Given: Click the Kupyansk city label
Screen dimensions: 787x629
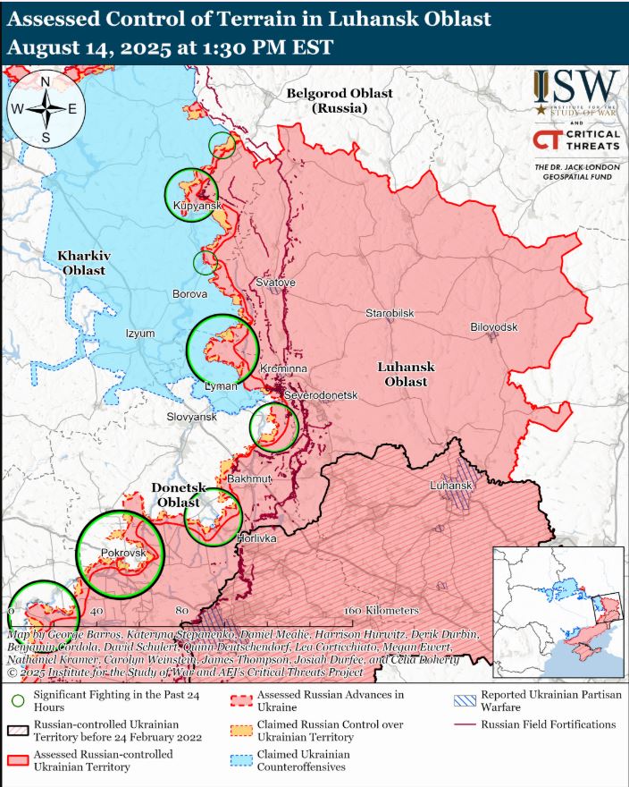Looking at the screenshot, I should coord(196,207).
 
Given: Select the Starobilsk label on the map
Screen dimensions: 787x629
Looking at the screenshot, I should coord(390,314).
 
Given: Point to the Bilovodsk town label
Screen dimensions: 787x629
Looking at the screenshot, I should coord(493,327).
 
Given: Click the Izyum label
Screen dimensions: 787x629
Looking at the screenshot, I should coord(140,334).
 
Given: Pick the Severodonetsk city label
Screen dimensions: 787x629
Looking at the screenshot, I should coord(320,395).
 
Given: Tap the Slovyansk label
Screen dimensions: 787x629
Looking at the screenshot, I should coord(192,418).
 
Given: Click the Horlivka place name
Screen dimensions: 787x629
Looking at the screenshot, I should coord(256,539).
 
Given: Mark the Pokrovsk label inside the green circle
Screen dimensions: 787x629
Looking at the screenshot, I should coord(122,554).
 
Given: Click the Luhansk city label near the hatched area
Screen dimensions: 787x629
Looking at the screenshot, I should coord(450,486).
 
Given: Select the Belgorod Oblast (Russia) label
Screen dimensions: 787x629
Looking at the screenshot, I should coord(340,100).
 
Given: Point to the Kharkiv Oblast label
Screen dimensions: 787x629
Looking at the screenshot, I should coord(82,263).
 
